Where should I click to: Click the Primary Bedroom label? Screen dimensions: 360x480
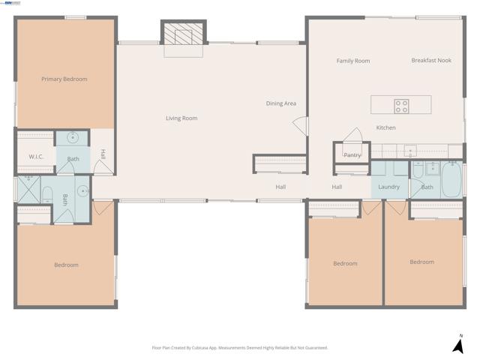pyautogui.click(x=64, y=79)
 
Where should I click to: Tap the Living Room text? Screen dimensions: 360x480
pyautogui.click(x=181, y=118)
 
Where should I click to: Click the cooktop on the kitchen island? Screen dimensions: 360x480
pyautogui.click(x=402, y=105)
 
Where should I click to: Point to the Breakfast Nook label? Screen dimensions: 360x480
pyautogui.click(x=431, y=61)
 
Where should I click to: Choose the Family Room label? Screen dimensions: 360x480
pyautogui.click(x=352, y=61)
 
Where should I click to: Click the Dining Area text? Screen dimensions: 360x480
pyautogui.click(x=281, y=103)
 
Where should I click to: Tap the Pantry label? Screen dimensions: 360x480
pyautogui.click(x=352, y=155)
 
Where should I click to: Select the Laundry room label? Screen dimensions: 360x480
pyautogui.click(x=388, y=187)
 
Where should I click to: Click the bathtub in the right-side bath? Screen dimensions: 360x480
pyautogui.click(x=451, y=179)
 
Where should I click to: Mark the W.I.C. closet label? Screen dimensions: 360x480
pyautogui.click(x=36, y=157)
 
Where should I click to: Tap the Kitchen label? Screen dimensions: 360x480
pyautogui.click(x=385, y=128)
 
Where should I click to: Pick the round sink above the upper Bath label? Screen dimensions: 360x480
pyautogui.click(x=73, y=138)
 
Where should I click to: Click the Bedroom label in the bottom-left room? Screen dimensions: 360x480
pyautogui.click(x=65, y=265)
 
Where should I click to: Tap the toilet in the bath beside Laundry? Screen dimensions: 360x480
pyautogui.click(x=418, y=170)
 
